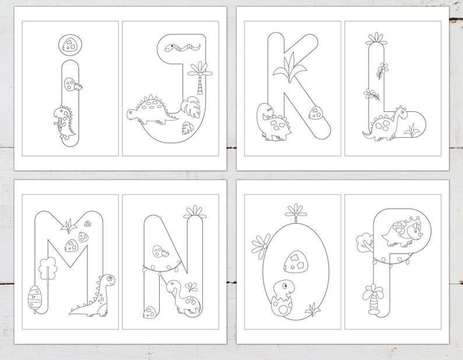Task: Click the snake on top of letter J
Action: click(x=177, y=46)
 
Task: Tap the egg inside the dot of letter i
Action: click(x=71, y=42)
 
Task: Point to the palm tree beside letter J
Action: click(x=201, y=76)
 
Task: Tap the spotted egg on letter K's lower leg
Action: click(x=316, y=113)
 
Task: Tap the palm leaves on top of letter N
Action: click(x=194, y=211)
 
